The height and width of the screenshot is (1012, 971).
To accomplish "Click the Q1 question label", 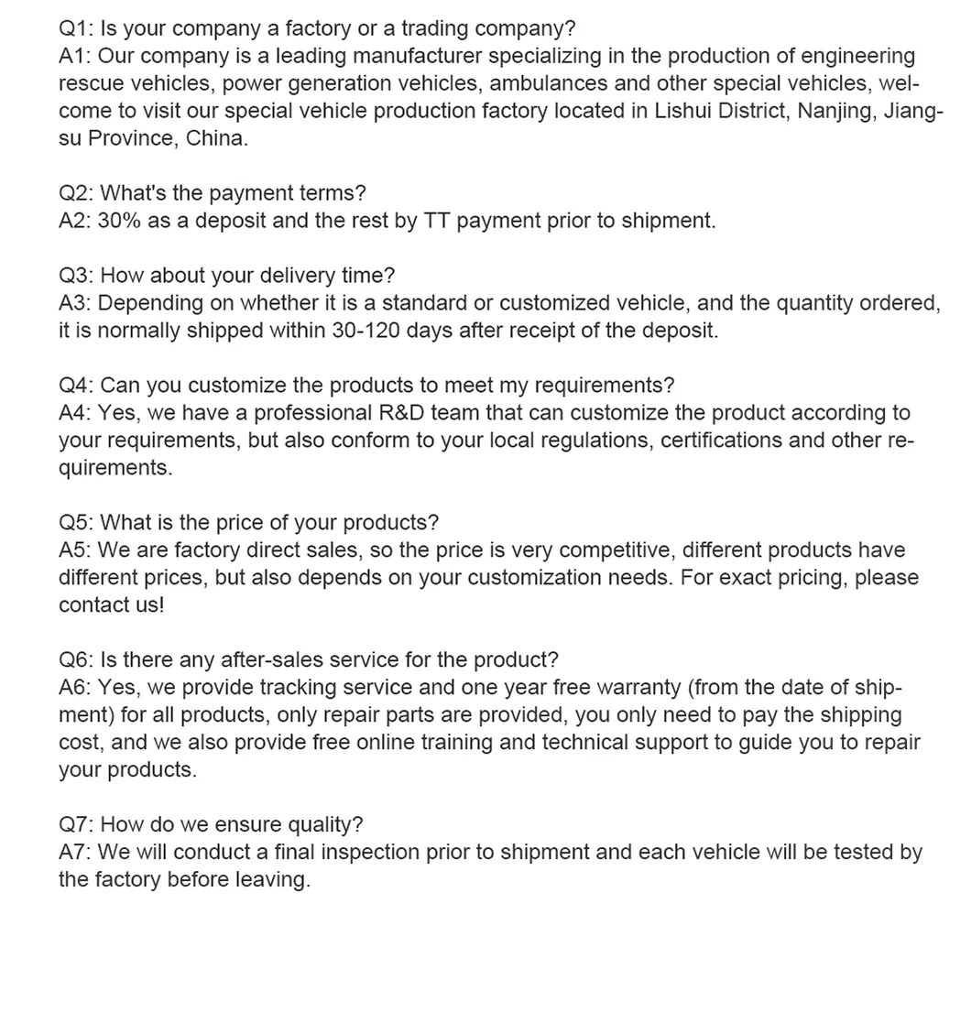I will [x=74, y=28].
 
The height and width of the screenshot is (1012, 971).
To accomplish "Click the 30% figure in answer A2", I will [x=119, y=221].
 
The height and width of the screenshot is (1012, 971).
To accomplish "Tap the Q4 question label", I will [x=74, y=386].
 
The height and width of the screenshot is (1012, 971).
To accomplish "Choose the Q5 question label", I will [x=74, y=523].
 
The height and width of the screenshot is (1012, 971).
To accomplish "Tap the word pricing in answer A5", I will [x=800, y=578].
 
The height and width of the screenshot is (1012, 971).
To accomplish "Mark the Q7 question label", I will [x=74, y=825].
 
